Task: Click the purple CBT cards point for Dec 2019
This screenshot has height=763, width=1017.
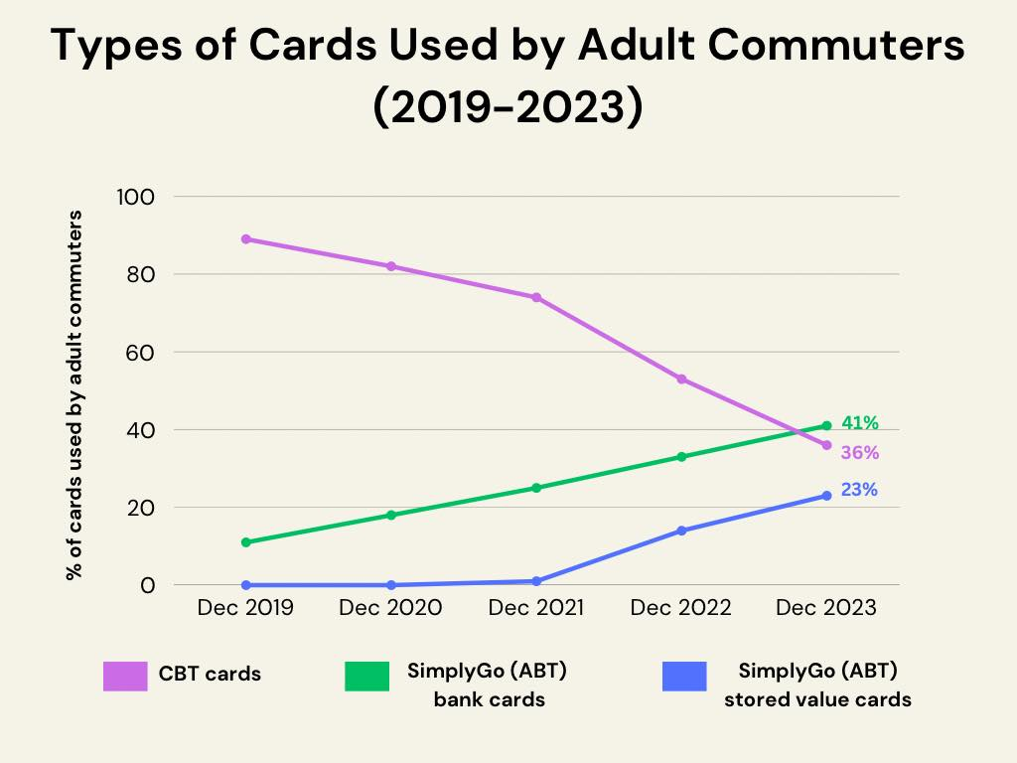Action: (245, 239)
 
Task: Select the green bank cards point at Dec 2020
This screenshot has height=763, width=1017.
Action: (390, 515)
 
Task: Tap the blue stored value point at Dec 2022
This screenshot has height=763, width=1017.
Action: (681, 531)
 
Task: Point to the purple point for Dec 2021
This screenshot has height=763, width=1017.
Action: (536, 297)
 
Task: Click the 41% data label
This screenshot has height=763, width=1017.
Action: (859, 423)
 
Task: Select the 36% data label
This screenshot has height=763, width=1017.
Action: (859, 453)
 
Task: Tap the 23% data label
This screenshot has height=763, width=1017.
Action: (859, 490)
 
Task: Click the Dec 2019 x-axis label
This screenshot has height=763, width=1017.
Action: (245, 608)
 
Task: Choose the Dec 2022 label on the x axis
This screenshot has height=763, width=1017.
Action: (681, 608)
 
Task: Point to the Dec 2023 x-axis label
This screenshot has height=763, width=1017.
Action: (826, 608)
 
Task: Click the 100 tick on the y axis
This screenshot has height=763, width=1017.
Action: (137, 197)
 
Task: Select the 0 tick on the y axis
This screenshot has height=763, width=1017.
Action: (149, 585)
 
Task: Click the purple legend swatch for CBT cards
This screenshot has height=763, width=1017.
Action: (125, 676)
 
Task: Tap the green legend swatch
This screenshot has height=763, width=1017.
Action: (367, 676)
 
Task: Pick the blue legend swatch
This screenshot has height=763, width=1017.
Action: (683, 676)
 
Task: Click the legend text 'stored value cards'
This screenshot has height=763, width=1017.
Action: (817, 699)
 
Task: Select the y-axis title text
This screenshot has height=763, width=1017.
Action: (73, 395)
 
